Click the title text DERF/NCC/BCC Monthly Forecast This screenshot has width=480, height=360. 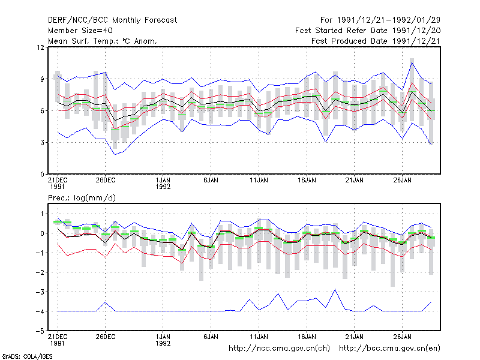[x=112, y=20]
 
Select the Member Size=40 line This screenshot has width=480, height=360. [x=80, y=31]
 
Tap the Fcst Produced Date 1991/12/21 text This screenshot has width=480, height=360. [x=376, y=41]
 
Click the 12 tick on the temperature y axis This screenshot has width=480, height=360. [x=40, y=47]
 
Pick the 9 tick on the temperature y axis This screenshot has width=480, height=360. [x=42, y=79]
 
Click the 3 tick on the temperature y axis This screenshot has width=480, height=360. [x=42, y=143]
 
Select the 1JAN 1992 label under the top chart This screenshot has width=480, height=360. [x=163, y=184]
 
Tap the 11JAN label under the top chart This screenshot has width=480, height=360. [x=259, y=181]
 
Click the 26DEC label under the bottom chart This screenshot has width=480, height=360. [x=106, y=337]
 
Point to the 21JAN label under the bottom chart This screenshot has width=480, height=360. [x=355, y=337]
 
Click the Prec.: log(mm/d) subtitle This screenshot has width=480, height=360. [x=82, y=198]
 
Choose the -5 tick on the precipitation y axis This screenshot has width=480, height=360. [x=40, y=331]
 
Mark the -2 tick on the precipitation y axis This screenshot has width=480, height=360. [x=40, y=272]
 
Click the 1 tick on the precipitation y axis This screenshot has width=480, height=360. [x=42, y=214]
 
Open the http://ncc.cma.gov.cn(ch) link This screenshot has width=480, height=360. [x=279, y=349]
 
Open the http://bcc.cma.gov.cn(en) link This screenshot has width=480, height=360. [x=389, y=349]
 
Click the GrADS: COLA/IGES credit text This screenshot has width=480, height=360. [x=27, y=356]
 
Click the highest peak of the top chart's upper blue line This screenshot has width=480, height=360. [x=412, y=62]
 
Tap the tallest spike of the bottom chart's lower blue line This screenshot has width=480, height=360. [x=335, y=289]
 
